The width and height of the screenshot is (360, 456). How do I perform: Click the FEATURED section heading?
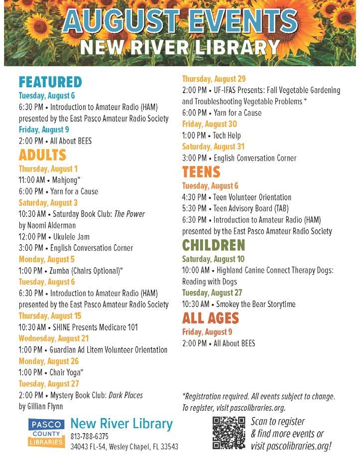pos(50,82)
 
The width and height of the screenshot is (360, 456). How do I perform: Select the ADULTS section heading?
pos(42,155)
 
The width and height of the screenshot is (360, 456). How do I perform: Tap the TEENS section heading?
pos(201,172)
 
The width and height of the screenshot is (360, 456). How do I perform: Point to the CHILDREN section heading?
pos(214,245)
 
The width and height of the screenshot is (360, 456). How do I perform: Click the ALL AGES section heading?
pos(211,317)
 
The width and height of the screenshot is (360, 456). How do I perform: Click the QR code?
pos(229,432)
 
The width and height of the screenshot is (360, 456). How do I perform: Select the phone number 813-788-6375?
pos(90,436)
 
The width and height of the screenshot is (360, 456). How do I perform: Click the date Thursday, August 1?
pos(48,169)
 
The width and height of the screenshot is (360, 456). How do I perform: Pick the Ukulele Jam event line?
pos(54,237)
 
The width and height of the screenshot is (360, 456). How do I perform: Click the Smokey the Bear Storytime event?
pos(239,304)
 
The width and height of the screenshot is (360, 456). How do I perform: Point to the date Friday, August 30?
pos(209,124)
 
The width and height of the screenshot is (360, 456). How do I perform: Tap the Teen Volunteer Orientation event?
pos(237,197)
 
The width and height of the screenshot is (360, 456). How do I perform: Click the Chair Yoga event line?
pos(51,372)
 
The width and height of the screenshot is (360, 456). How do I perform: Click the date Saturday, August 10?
pos(213,259)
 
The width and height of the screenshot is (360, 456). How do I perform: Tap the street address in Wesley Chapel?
pos(124,447)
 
